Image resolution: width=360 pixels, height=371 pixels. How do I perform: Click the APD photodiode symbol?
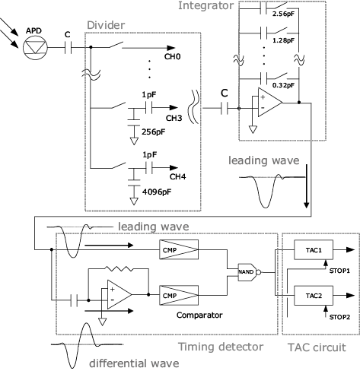click(35, 47)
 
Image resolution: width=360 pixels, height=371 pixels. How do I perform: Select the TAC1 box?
click(314, 250)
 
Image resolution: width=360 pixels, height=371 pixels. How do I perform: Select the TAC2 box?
click(314, 296)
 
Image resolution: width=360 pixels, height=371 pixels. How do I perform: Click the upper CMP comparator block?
click(179, 249)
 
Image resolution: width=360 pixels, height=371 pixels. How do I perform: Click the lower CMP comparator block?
click(179, 295)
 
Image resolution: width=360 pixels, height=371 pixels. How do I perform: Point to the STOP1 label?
click(339, 271)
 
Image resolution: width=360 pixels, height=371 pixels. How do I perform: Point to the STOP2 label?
click(339, 317)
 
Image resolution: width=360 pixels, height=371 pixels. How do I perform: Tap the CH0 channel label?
click(172, 56)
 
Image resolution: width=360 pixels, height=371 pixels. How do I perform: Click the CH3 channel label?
click(174, 118)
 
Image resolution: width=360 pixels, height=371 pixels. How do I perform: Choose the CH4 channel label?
click(177, 176)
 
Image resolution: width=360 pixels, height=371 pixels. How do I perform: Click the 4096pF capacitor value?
click(157, 192)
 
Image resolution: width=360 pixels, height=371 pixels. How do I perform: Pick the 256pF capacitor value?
click(153, 132)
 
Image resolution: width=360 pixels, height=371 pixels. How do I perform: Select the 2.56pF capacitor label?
click(283, 14)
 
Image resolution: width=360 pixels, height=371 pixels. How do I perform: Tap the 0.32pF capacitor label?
click(283, 85)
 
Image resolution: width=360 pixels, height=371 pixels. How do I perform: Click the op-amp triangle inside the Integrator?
click(270, 103)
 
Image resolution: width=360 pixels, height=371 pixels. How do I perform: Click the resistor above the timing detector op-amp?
click(119, 269)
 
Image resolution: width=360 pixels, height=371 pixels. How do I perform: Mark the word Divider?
click(106, 25)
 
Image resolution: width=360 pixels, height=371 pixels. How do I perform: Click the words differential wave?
click(134, 363)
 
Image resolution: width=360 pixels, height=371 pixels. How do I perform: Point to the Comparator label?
click(199, 315)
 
